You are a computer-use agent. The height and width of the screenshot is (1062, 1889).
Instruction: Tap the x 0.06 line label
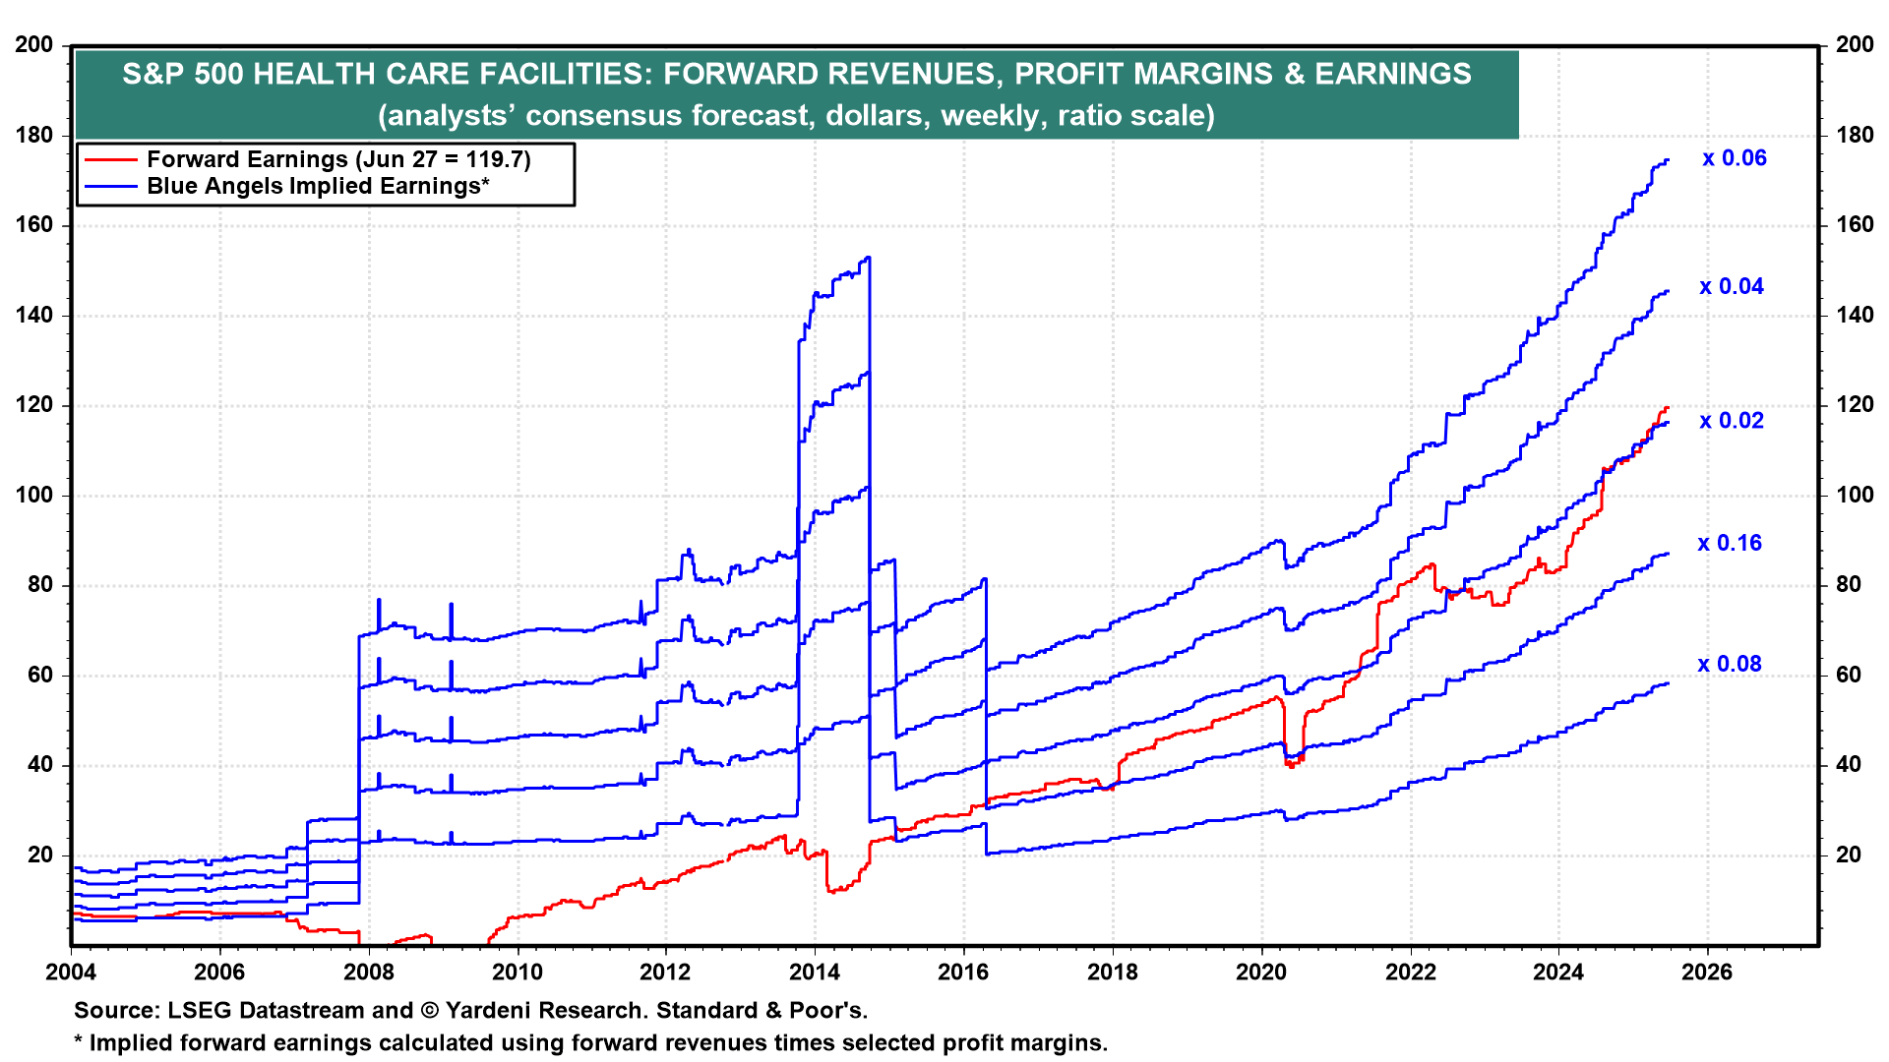(1735, 158)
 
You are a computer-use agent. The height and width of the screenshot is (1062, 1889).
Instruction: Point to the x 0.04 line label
(1732, 287)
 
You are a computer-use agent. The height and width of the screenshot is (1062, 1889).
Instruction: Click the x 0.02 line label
(1732, 421)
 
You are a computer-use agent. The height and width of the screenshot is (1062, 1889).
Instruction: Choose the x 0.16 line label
(1730, 544)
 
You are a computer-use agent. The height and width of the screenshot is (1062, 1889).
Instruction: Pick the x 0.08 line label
(1730, 665)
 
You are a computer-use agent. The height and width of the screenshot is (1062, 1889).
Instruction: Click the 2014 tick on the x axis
(815, 973)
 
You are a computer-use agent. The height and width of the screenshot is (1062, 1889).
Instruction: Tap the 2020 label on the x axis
(1261, 973)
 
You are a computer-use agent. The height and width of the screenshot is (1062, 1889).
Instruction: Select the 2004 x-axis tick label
(71, 973)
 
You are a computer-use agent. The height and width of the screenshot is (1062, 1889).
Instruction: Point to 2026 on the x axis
(1707, 973)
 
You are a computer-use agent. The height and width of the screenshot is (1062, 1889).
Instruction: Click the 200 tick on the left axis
(34, 45)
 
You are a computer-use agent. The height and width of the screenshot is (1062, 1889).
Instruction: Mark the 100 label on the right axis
(1855, 496)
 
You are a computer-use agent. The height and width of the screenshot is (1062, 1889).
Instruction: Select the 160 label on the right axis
(1855, 225)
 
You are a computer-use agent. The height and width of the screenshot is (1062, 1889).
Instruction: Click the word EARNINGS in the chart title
(1393, 74)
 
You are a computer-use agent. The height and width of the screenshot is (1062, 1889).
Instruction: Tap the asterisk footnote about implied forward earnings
(590, 1042)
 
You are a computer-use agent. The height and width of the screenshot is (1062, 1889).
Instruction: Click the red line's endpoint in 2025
(1668, 407)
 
